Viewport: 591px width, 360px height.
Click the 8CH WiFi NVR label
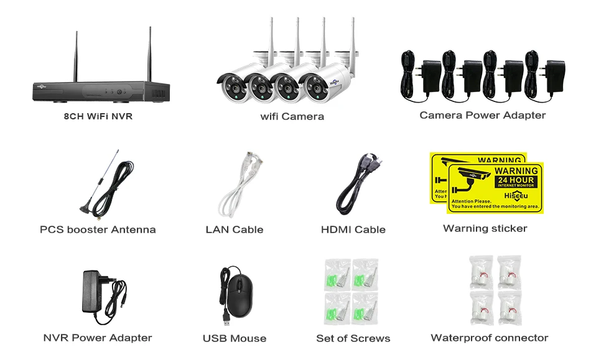tap(98, 116)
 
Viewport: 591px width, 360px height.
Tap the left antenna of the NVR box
tap(77, 55)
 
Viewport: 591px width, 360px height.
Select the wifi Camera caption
tap(292, 116)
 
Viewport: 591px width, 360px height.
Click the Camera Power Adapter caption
tap(482, 115)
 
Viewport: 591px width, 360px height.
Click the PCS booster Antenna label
tap(98, 229)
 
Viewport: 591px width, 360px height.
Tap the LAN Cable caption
tap(234, 229)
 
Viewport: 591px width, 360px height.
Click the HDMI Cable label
tap(353, 229)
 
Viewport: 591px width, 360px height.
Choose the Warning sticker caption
tap(485, 228)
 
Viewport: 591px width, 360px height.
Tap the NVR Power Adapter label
tap(98, 338)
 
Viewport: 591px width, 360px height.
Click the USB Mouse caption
tap(234, 339)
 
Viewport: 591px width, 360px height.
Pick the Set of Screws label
tap(353, 338)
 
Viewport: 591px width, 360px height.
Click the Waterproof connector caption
tap(489, 338)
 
